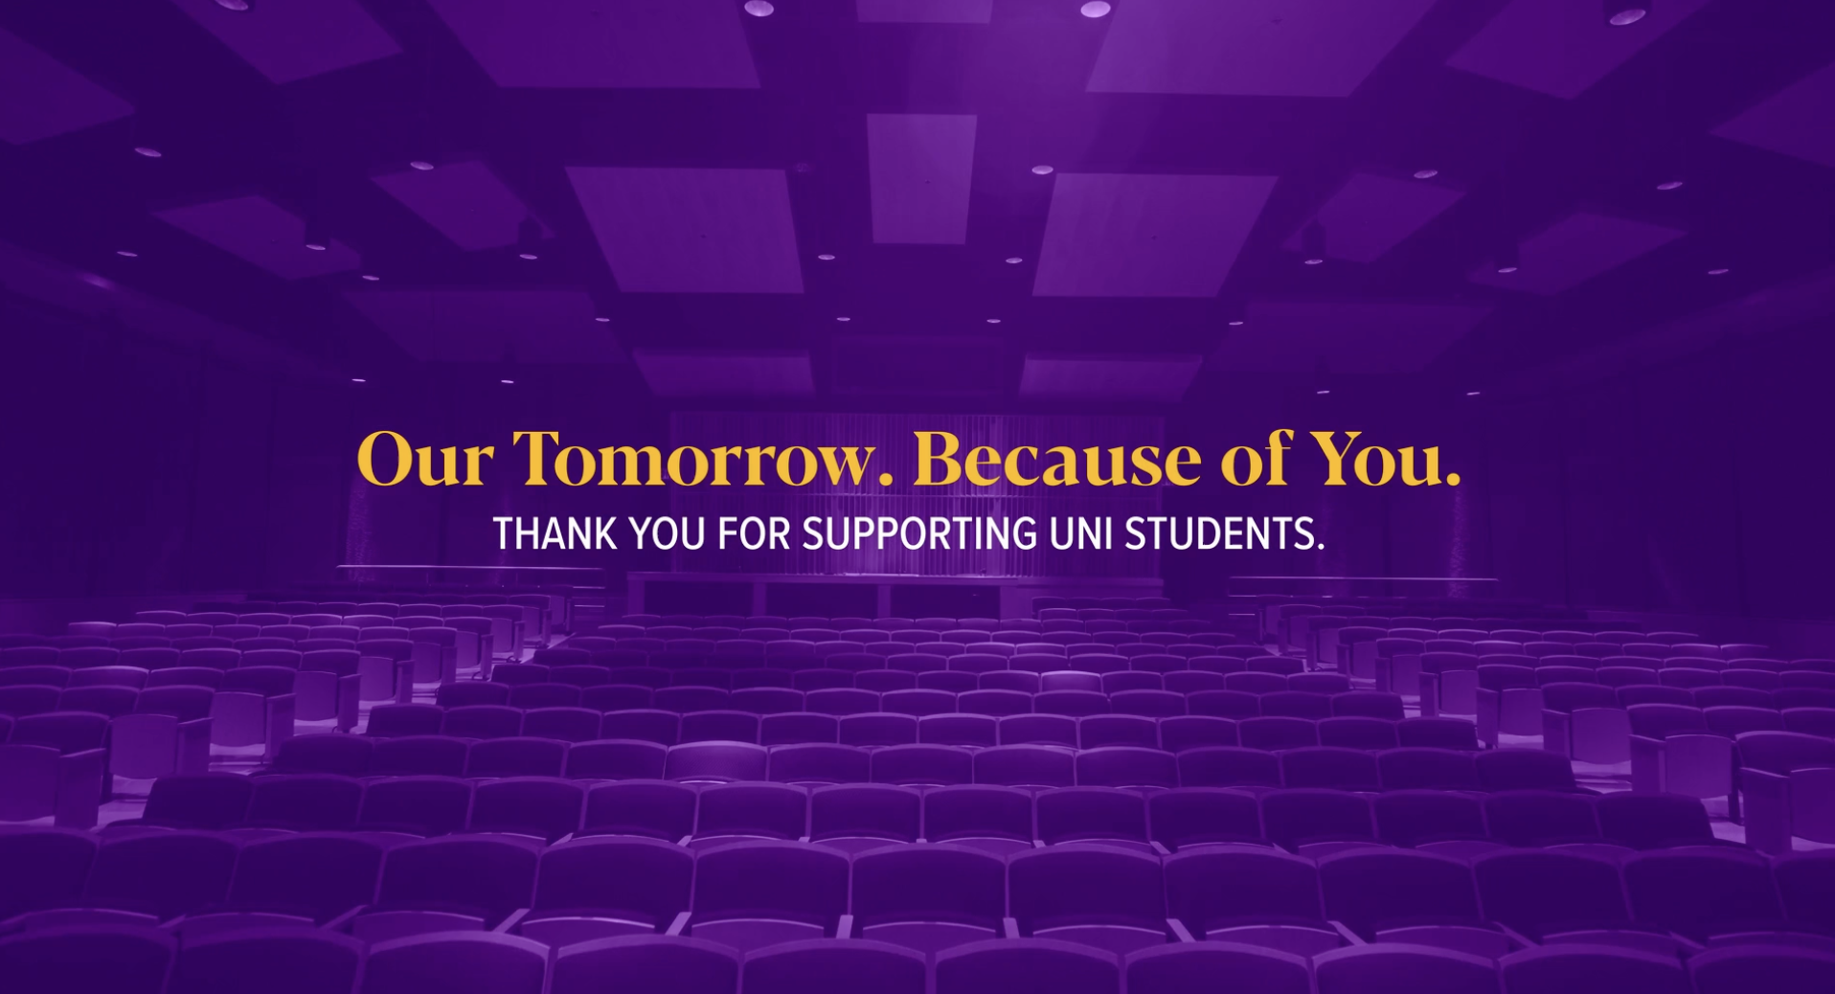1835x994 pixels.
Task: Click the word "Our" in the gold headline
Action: click(424, 461)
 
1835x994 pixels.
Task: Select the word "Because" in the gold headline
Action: click(1056, 461)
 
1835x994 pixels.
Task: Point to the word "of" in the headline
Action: click(1256, 459)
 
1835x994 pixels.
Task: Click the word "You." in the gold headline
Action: click(1385, 461)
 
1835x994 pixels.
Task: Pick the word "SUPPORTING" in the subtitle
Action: click(918, 534)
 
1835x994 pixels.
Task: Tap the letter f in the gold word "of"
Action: click(1278, 457)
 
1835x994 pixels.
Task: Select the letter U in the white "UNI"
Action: click(1061, 534)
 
